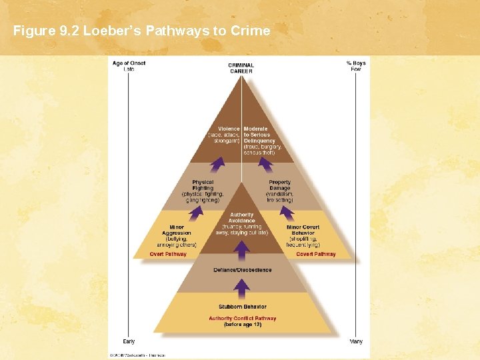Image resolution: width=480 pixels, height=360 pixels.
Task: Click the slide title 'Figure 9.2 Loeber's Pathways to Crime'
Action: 141,30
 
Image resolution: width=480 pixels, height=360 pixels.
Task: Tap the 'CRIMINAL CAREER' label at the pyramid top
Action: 241,68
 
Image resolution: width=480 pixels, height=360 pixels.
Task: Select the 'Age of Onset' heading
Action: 129,63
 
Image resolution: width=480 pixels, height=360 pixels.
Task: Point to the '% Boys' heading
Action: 356,63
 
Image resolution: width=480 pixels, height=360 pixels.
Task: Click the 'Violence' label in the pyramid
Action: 229,129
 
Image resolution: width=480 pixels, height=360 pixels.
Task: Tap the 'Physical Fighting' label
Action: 203,185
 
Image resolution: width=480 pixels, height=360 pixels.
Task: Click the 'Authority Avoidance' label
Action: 242,218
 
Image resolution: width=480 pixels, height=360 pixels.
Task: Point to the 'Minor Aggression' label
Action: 177,230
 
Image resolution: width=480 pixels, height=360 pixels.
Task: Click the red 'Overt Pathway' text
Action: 168,254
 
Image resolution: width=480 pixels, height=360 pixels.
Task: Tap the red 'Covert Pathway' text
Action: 316,254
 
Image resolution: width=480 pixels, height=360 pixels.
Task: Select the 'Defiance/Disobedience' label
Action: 243,270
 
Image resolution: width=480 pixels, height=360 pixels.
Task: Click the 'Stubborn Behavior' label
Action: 243,307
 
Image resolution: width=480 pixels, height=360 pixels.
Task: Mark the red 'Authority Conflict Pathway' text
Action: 243,319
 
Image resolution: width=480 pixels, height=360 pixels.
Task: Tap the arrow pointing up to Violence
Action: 217,165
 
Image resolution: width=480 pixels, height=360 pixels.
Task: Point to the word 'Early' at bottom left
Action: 129,341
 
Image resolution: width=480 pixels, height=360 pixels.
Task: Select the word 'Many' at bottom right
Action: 356,341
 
